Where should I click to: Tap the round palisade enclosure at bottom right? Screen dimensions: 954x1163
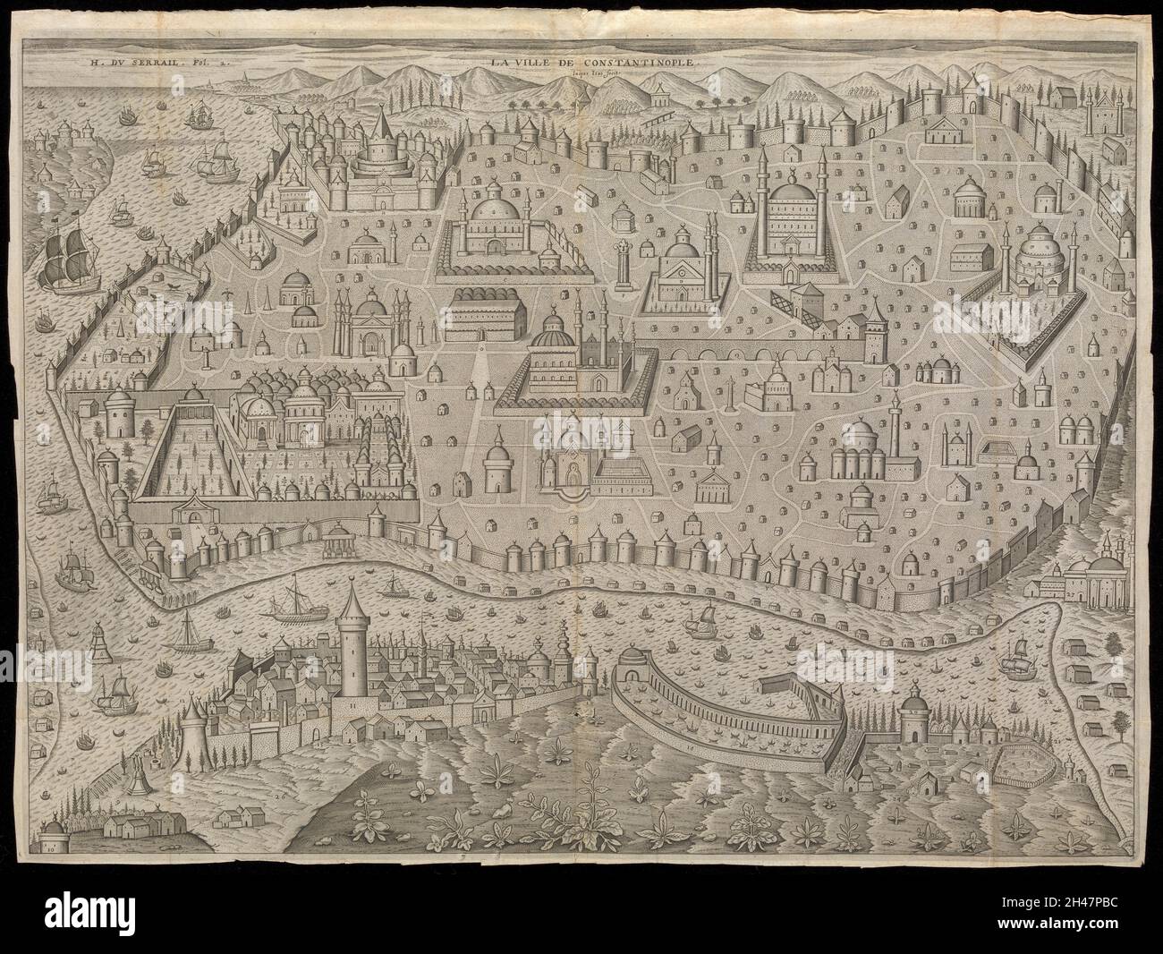coord(1021,763)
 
